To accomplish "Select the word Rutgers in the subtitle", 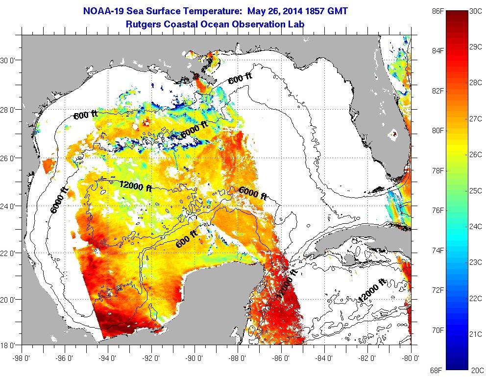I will point(143,23).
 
